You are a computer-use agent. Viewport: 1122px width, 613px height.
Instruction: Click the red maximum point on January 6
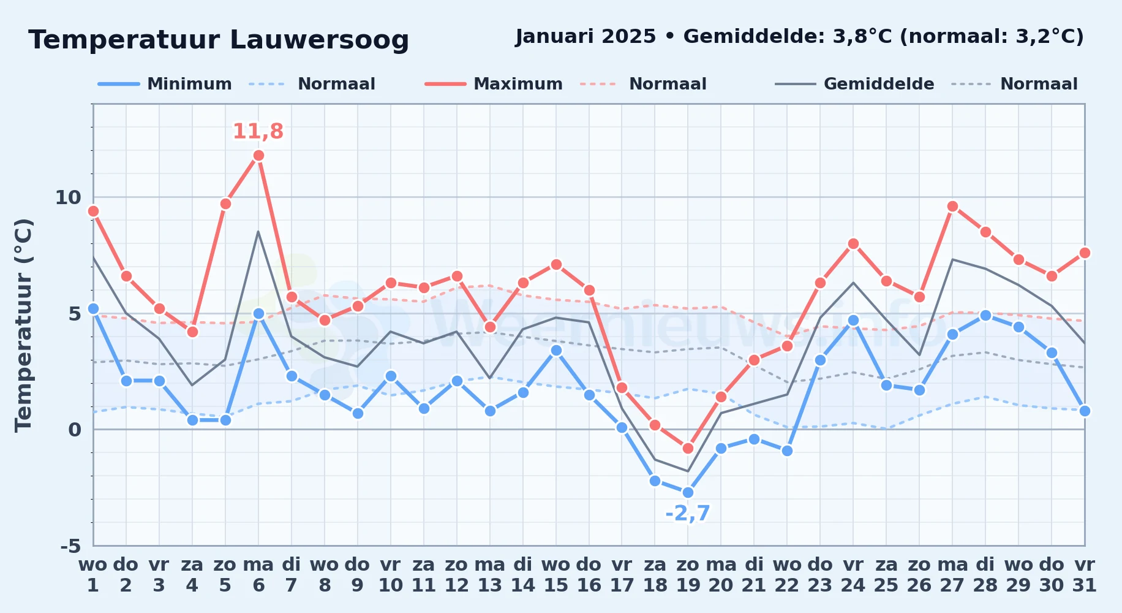(258, 156)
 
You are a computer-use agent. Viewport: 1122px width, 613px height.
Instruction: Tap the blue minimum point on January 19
(688, 492)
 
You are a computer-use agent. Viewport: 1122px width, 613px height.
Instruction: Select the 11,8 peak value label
(258, 131)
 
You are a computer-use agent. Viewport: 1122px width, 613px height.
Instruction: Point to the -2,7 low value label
(688, 513)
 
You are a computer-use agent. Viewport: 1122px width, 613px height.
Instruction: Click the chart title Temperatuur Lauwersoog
(219, 40)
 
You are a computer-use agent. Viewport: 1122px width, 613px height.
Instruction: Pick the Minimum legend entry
(165, 84)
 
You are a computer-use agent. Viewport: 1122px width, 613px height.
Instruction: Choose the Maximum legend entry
(494, 84)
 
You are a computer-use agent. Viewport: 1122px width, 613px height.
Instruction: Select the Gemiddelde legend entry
(855, 84)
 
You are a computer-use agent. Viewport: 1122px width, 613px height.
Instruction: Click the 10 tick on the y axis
(68, 197)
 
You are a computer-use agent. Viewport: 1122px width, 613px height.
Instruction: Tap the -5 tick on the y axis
(70, 546)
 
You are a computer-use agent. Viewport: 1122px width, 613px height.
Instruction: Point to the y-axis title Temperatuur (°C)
(23, 325)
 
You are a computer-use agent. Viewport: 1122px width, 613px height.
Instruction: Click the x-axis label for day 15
(555, 574)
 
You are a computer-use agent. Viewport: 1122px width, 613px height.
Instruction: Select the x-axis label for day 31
(1084, 574)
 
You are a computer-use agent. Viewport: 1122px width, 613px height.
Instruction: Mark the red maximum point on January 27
(952, 207)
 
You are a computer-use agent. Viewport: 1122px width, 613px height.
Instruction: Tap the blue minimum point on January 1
(93, 309)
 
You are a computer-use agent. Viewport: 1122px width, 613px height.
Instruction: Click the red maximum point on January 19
(688, 448)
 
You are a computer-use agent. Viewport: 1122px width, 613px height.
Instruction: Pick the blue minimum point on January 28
(985, 316)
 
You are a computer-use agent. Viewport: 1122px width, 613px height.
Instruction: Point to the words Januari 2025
(586, 37)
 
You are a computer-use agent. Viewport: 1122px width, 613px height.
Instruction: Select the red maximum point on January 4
(192, 332)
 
